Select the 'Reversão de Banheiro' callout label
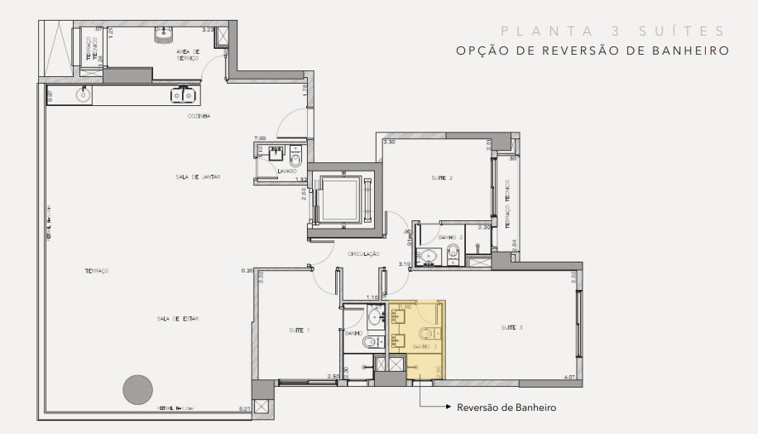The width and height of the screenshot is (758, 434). click(506, 407)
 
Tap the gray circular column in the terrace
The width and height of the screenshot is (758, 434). click(137, 389)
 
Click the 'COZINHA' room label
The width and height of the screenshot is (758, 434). click(199, 116)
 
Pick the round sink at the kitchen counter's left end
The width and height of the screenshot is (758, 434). click(83, 95)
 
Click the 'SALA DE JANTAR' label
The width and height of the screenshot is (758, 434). click(198, 177)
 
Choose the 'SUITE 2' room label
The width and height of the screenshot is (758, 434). click(440, 178)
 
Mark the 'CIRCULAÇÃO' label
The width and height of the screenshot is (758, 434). click(363, 253)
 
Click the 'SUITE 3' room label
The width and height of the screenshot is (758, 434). click(511, 328)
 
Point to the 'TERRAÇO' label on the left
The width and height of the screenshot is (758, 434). click(97, 272)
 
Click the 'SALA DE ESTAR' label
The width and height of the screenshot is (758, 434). click(178, 318)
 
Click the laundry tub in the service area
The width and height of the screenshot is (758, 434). click(163, 33)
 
